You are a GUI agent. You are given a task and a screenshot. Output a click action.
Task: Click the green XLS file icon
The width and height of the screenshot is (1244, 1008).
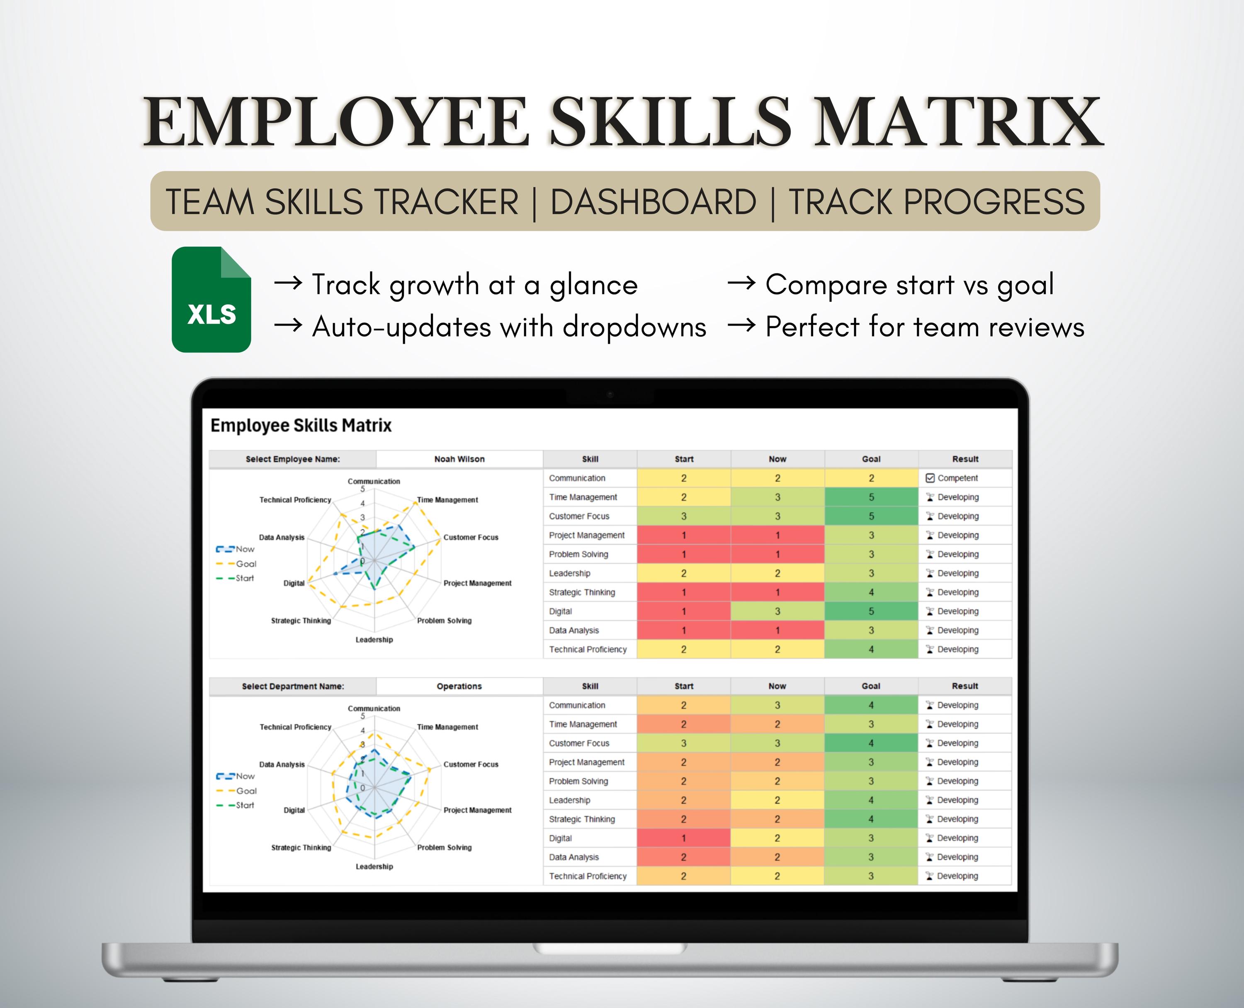coord(211,299)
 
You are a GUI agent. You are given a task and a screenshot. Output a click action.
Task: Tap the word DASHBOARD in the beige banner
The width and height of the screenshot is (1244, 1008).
coord(653,202)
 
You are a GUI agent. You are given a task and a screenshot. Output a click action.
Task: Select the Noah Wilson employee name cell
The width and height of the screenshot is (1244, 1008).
coord(459,459)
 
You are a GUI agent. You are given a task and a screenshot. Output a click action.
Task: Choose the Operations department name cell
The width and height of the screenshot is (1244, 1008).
coord(459,686)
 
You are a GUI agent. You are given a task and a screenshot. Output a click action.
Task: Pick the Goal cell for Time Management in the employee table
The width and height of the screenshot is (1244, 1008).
coord(871,497)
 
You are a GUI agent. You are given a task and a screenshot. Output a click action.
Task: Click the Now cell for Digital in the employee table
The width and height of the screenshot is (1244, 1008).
coord(777,611)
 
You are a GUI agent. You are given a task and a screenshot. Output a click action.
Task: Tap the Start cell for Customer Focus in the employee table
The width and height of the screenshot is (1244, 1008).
coord(684,516)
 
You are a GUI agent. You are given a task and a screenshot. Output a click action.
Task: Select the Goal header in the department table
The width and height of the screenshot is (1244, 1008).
coord(871,686)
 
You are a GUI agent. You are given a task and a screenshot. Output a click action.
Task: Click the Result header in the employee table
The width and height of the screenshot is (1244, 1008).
coord(965,459)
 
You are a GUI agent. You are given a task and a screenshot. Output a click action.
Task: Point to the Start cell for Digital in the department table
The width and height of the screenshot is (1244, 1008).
coord(683,838)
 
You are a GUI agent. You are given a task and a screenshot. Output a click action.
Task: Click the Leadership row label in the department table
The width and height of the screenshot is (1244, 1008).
coord(569,800)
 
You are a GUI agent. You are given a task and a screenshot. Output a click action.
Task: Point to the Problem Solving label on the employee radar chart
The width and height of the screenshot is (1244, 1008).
coord(444,621)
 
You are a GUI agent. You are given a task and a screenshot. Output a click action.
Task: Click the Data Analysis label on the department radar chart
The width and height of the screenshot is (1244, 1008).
coord(282,764)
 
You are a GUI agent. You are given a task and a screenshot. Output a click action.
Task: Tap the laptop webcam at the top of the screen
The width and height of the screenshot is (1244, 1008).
coord(610,395)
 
